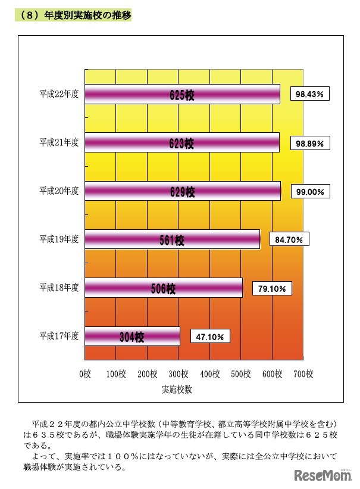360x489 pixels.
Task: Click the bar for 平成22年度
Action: [x=182, y=94]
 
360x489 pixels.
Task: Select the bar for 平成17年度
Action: [x=132, y=337]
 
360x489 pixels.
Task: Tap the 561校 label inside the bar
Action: [x=172, y=240]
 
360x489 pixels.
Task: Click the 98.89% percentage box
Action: [x=310, y=144]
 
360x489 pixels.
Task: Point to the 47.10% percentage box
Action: [x=210, y=337]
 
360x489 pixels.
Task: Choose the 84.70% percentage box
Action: [x=290, y=240]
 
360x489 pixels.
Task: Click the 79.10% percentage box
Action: [x=272, y=289]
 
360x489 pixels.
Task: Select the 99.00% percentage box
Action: [x=310, y=192]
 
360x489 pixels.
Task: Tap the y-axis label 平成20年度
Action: [x=59, y=191]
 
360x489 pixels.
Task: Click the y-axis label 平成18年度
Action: [x=59, y=288]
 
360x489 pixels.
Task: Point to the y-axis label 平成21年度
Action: [x=59, y=142]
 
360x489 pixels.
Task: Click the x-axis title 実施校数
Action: [x=177, y=390]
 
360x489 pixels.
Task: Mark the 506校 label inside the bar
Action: [x=163, y=289]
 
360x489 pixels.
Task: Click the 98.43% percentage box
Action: [x=310, y=94]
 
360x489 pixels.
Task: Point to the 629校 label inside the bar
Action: [x=182, y=192]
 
